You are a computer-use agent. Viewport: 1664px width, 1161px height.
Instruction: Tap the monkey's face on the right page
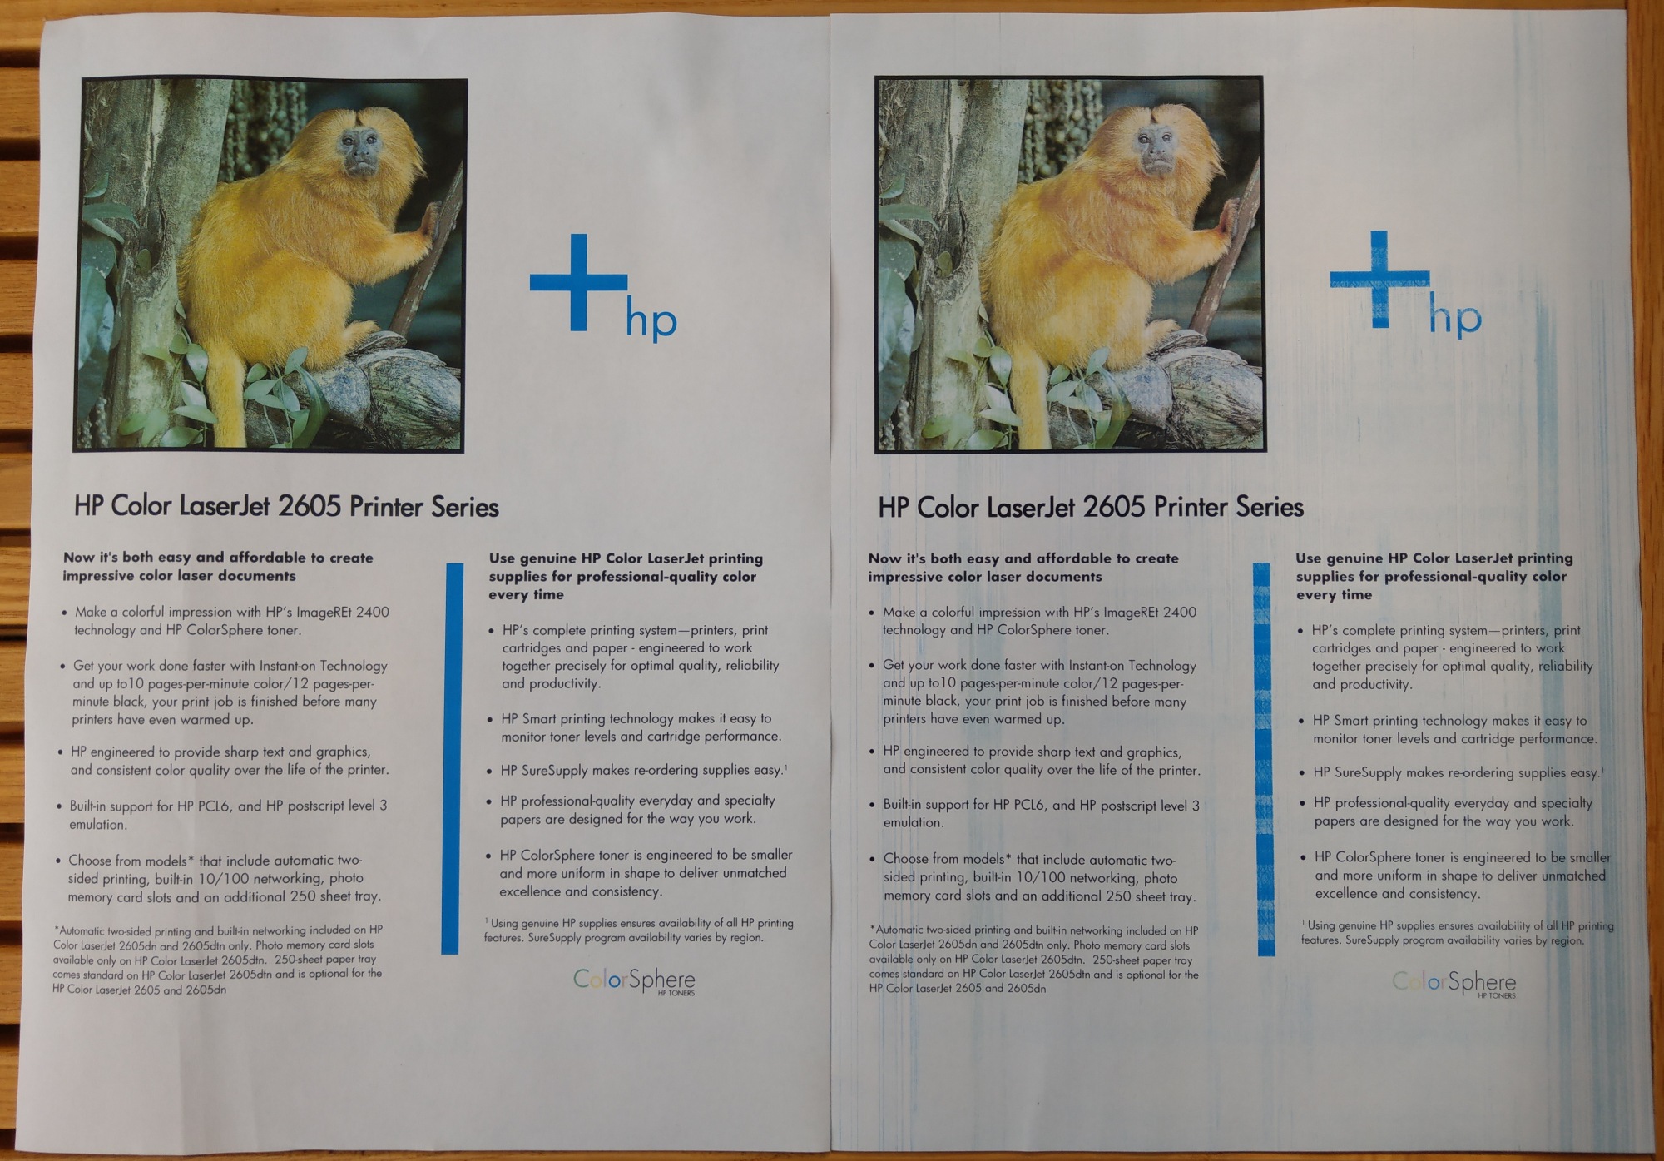[x=1156, y=149]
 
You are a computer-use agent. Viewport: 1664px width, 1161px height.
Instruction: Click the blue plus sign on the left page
[x=579, y=282]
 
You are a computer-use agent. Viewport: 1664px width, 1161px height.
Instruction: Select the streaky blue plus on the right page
[x=1379, y=279]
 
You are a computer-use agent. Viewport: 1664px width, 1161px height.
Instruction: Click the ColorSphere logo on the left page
[x=634, y=981]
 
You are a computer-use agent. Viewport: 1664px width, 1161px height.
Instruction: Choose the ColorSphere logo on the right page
[x=1454, y=984]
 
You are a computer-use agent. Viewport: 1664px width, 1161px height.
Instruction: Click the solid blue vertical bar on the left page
[x=452, y=758]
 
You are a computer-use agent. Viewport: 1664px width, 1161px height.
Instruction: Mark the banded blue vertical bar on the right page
[x=1264, y=759]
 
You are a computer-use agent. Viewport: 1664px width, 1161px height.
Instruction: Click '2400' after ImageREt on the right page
[x=1179, y=613]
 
